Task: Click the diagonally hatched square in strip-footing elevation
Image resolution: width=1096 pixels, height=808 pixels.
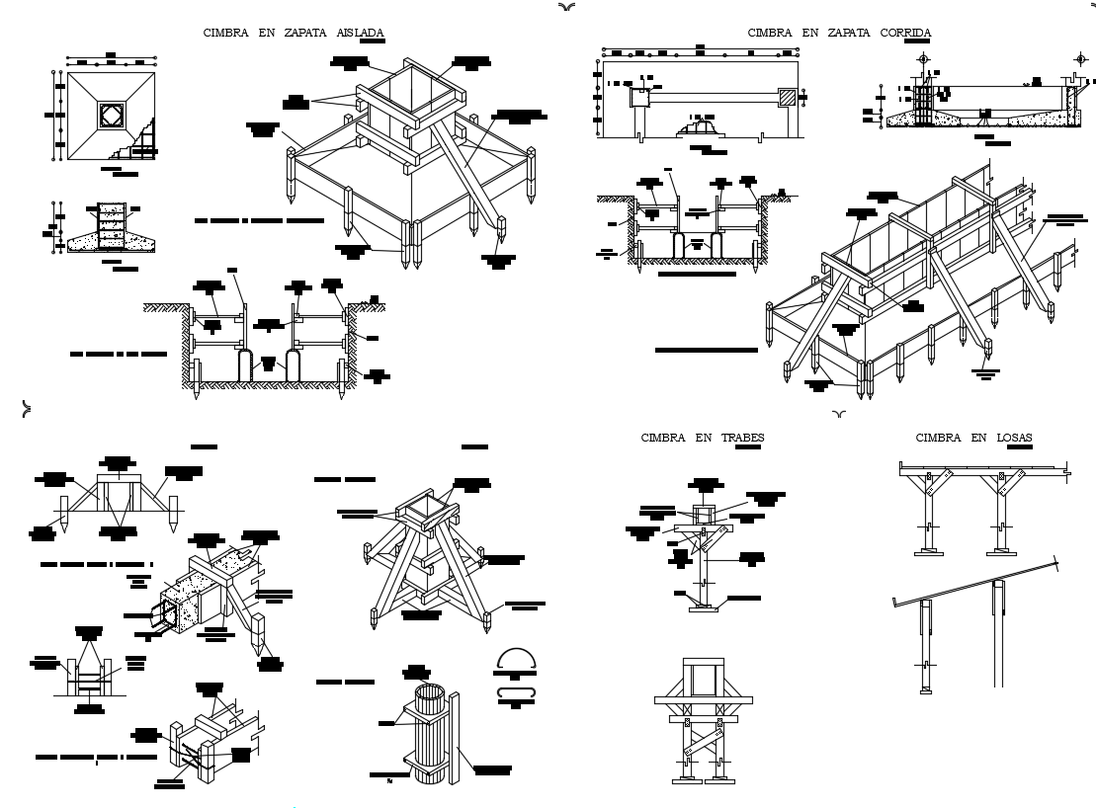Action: [x=787, y=98]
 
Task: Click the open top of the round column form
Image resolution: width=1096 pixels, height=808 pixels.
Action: [x=430, y=688]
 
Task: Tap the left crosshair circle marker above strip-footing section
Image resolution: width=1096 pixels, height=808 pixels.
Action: [x=924, y=59]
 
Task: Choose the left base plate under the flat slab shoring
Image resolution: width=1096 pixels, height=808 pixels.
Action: [x=928, y=552]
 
